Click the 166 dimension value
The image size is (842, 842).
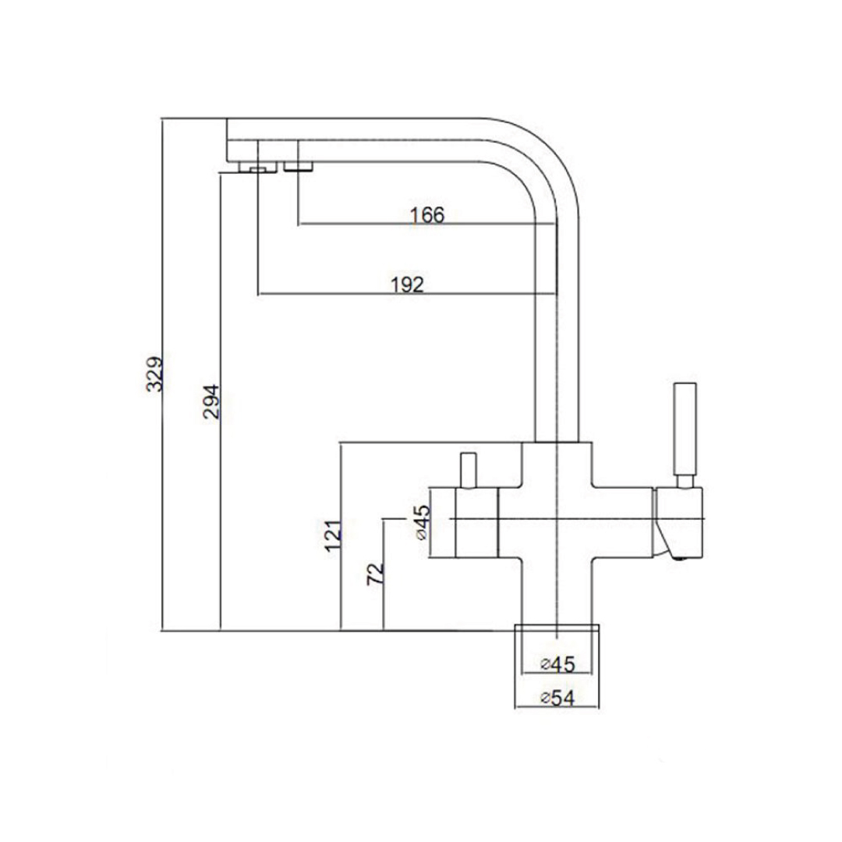pos(427,215)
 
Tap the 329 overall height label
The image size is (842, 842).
pos(156,373)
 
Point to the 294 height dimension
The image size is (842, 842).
pos(212,401)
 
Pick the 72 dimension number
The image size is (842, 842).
pos(375,575)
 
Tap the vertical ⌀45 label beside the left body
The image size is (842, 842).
pos(422,522)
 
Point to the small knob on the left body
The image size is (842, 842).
pos(468,469)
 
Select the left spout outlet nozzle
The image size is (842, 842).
pos(255,167)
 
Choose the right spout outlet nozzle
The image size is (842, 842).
pos(298,165)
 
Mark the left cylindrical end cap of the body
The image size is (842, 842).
pos(464,521)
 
